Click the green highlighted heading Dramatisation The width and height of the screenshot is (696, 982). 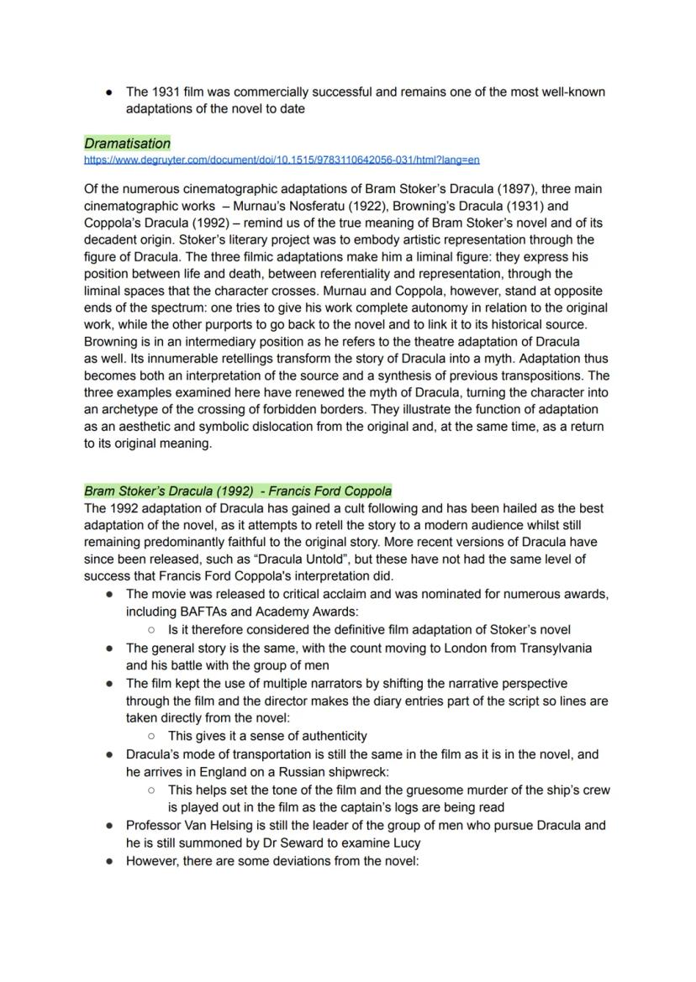(127, 144)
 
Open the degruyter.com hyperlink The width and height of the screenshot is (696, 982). (282, 160)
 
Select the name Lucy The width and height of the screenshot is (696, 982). (406, 843)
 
